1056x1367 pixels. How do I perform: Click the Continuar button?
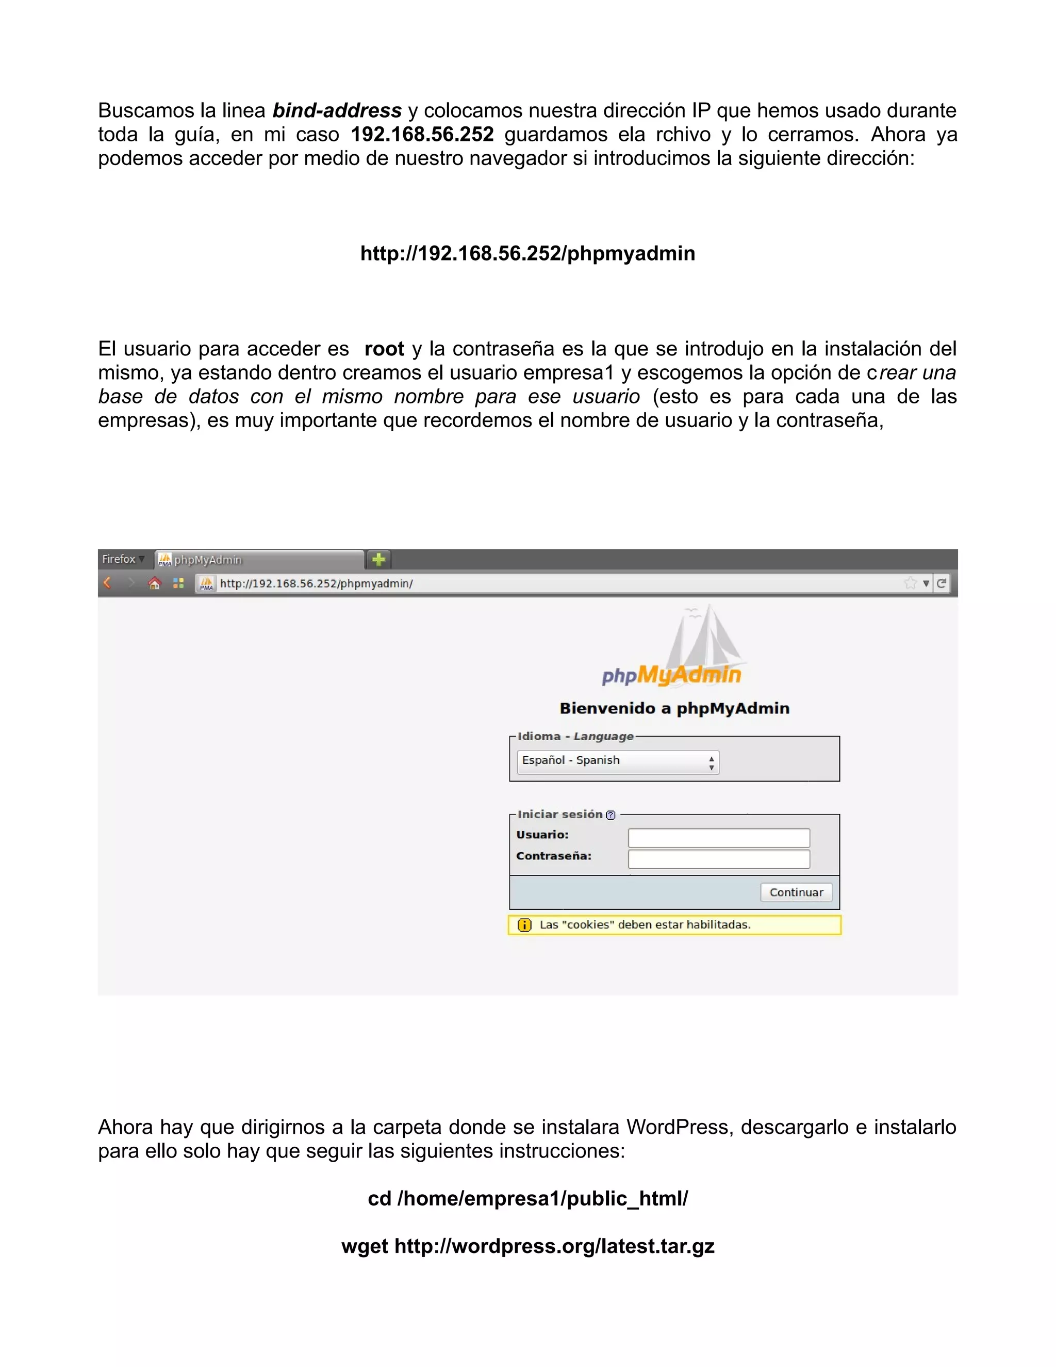pyautogui.click(x=796, y=892)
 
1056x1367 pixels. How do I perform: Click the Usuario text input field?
pyautogui.click(x=718, y=837)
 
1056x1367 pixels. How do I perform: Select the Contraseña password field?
pyautogui.click(x=718, y=859)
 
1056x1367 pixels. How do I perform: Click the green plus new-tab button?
pyautogui.click(x=378, y=559)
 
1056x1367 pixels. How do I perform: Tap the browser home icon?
pyautogui.click(x=155, y=583)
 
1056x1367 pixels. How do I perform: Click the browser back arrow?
pyautogui.click(x=107, y=583)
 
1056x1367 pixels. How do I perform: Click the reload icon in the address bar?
pyautogui.click(x=941, y=583)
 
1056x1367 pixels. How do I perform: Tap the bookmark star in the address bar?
pyautogui.click(x=910, y=583)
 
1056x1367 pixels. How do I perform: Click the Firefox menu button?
pyautogui.click(x=123, y=559)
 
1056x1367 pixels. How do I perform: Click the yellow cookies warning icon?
pyautogui.click(x=524, y=924)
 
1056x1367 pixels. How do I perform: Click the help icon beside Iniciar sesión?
pyautogui.click(x=610, y=815)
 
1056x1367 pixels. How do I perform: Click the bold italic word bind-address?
pyautogui.click(x=337, y=111)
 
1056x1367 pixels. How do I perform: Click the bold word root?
pyautogui.click(x=384, y=349)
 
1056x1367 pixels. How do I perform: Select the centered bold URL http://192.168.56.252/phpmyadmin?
pyautogui.click(x=527, y=253)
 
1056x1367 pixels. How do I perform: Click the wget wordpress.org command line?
pyautogui.click(x=527, y=1246)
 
